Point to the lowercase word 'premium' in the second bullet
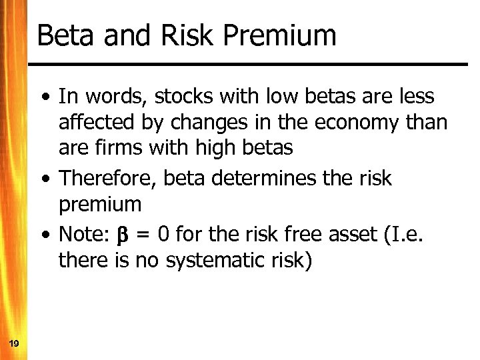100,205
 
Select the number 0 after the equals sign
164,235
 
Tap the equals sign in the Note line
143,235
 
